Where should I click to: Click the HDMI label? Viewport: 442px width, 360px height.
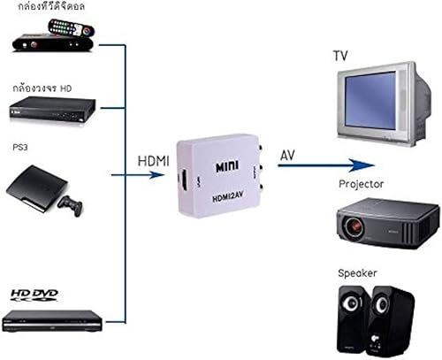pyautogui.click(x=154, y=162)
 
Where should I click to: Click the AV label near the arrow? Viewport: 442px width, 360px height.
pyautogui.click(x=287, y=156)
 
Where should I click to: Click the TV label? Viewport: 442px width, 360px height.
pyautogui.click(x=340, y=56)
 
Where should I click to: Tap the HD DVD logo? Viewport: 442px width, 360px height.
pyautogui.click(x=34, y=291)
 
